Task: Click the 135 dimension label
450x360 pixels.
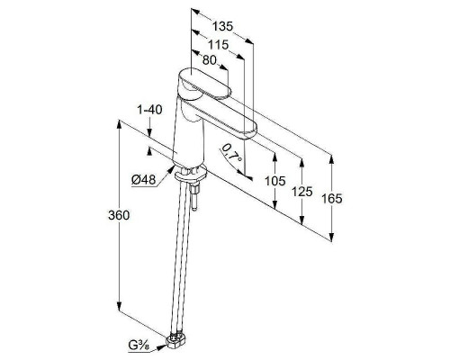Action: [222, 26]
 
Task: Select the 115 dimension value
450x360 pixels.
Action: [219, 45]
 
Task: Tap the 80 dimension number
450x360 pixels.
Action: [209, 60]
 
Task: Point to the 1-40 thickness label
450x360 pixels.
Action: [149, 110]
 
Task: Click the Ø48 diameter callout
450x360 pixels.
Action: [144, 180]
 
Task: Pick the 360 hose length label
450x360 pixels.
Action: [119, 215]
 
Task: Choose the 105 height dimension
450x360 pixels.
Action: [275, 181]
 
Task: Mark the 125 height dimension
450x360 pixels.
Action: [302, 192]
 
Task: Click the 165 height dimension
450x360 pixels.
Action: [332, 199]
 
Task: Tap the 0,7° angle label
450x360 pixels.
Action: [232, 153]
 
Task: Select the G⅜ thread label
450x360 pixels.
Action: [139, 346]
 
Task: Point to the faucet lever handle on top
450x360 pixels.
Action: [205, 83]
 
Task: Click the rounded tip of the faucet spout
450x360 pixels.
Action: [249, 130]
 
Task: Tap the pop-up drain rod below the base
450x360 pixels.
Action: [194, 197]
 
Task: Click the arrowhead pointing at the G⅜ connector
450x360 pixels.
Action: [161, 346]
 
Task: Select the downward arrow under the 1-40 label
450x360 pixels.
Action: [150, 133]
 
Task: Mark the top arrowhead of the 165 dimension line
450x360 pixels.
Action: [331, 159]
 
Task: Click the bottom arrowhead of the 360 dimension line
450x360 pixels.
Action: [119, 308]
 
